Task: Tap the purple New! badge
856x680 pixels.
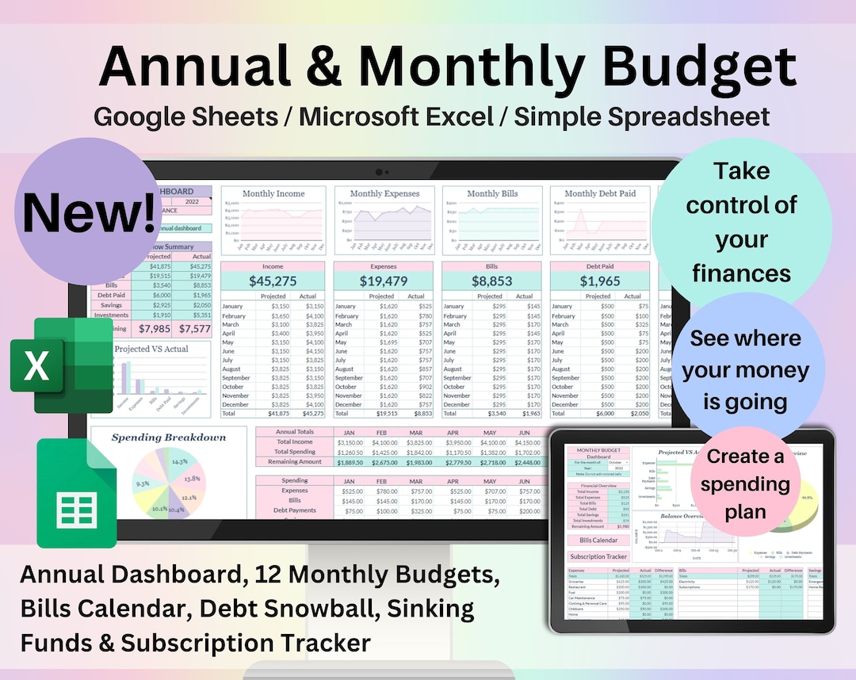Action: pyautogui.click(x=89, y=212)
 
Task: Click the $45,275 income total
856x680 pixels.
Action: pyautogui.click(x=272, y=281)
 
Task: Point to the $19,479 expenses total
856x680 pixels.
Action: pyautogui.click(x=384, y=281)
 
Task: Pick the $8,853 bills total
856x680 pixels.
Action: pyautogui.click(x=493, y=281)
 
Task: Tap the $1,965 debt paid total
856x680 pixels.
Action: pyautogui.click(x=600, y=281)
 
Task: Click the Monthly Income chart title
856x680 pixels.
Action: pyautogui.click(x=273, y=193)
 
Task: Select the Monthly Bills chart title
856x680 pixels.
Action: pyautogui.click(x=493, y=193)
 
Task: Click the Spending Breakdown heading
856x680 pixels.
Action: pyautogui.click(x=168, y=437)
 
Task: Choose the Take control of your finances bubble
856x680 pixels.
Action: pyautogui.click(x=742, y=222)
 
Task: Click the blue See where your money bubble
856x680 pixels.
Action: pyautogui.click(x=745, y=370)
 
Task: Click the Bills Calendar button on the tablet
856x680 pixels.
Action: pyautogui.click(x=598, y=540)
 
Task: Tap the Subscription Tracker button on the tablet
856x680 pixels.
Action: pyautogui.click(x=598, y=556)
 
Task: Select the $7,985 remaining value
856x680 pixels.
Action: pyautogui.click(x=154, y=328)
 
